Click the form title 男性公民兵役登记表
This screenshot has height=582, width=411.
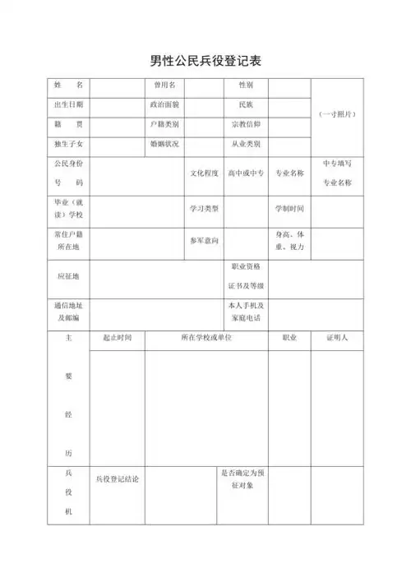pyautogui.click(x=205, y=61)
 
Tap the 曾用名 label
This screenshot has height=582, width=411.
pyautogui.click(x=164, y=85)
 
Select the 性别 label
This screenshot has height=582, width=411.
pyautogui.click(x=246, y=85)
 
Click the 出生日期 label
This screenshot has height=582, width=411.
pyautogui.click(x=68, y=104)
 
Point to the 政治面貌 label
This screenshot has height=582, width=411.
pyautogui.click(x=164, y=104)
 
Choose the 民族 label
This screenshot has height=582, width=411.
pyautogui.click(x=246, y=104)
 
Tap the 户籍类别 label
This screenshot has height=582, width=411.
pyautogui.click(x=164, y=124)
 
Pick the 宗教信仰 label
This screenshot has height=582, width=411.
pyautogui.click(x=246, y=124)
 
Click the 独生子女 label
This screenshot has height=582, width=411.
pyautogui.click(x=68, y=144)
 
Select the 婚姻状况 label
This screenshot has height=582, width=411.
pyautogui.click(x=164, y=144)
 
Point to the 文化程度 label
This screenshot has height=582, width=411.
pyautogui.click(x=205, y=173)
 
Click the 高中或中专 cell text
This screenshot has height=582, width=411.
pyautogui.click(x=246, y=173)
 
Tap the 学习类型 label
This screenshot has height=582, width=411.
pyautogui.click(x=205, y=208)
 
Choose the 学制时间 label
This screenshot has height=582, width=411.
pyautogui.click(x=289, y=208)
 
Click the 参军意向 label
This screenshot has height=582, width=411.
pyautogui.click(x=205, y=240)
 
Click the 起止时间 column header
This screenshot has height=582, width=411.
pyautogui.click(x=117, y=338)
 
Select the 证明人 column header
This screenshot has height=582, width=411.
pyautogui.click(x=337, y=338)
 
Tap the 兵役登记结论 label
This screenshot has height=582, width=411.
pyautogui.click(x=117, y=478)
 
